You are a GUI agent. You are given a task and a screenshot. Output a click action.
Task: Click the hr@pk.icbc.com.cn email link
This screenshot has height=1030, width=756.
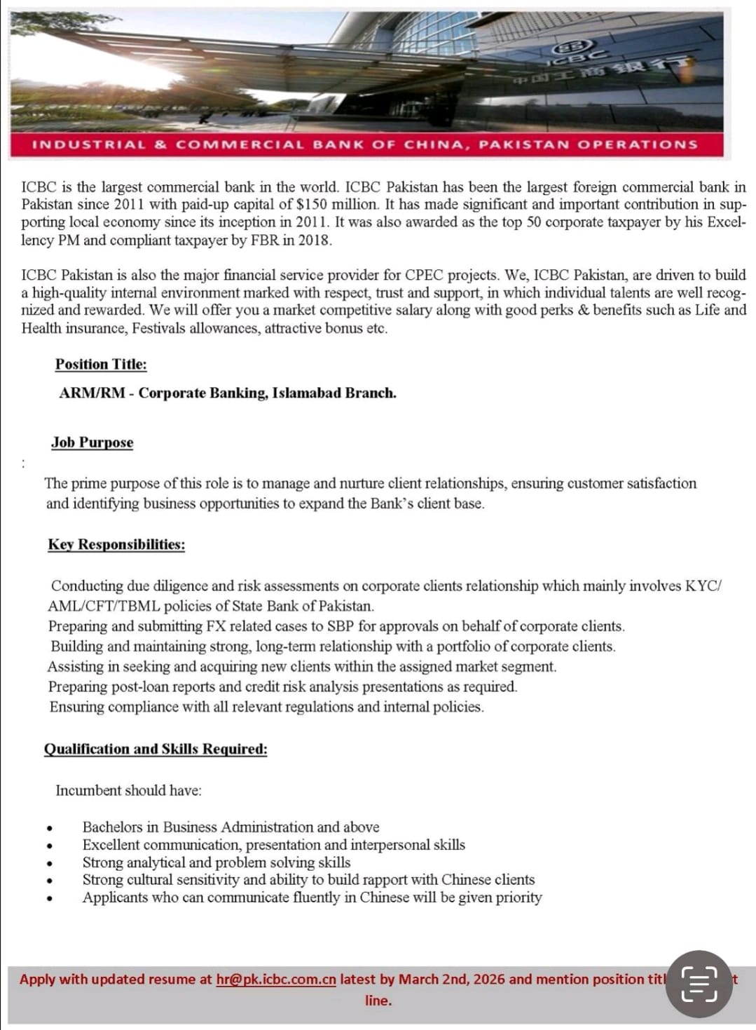(x=276, y=980)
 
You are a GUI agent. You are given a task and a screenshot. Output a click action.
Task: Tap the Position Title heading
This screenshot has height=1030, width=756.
(x=101, y=365)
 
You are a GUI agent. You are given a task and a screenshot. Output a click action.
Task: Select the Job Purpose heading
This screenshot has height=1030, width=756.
(x=92, y=442)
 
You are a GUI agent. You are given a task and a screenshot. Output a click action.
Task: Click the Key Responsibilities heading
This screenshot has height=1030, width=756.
(x=116, y=545)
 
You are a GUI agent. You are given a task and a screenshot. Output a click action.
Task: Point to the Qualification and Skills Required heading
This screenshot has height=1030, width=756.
(x=156, y=749)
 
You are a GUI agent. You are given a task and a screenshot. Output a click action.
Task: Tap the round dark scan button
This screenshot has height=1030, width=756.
(x=699, y=984)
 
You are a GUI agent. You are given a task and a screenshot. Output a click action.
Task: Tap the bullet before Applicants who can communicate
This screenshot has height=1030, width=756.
(x=50, y=899)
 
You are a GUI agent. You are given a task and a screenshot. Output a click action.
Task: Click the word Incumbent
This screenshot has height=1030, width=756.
(x=88, y=791)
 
